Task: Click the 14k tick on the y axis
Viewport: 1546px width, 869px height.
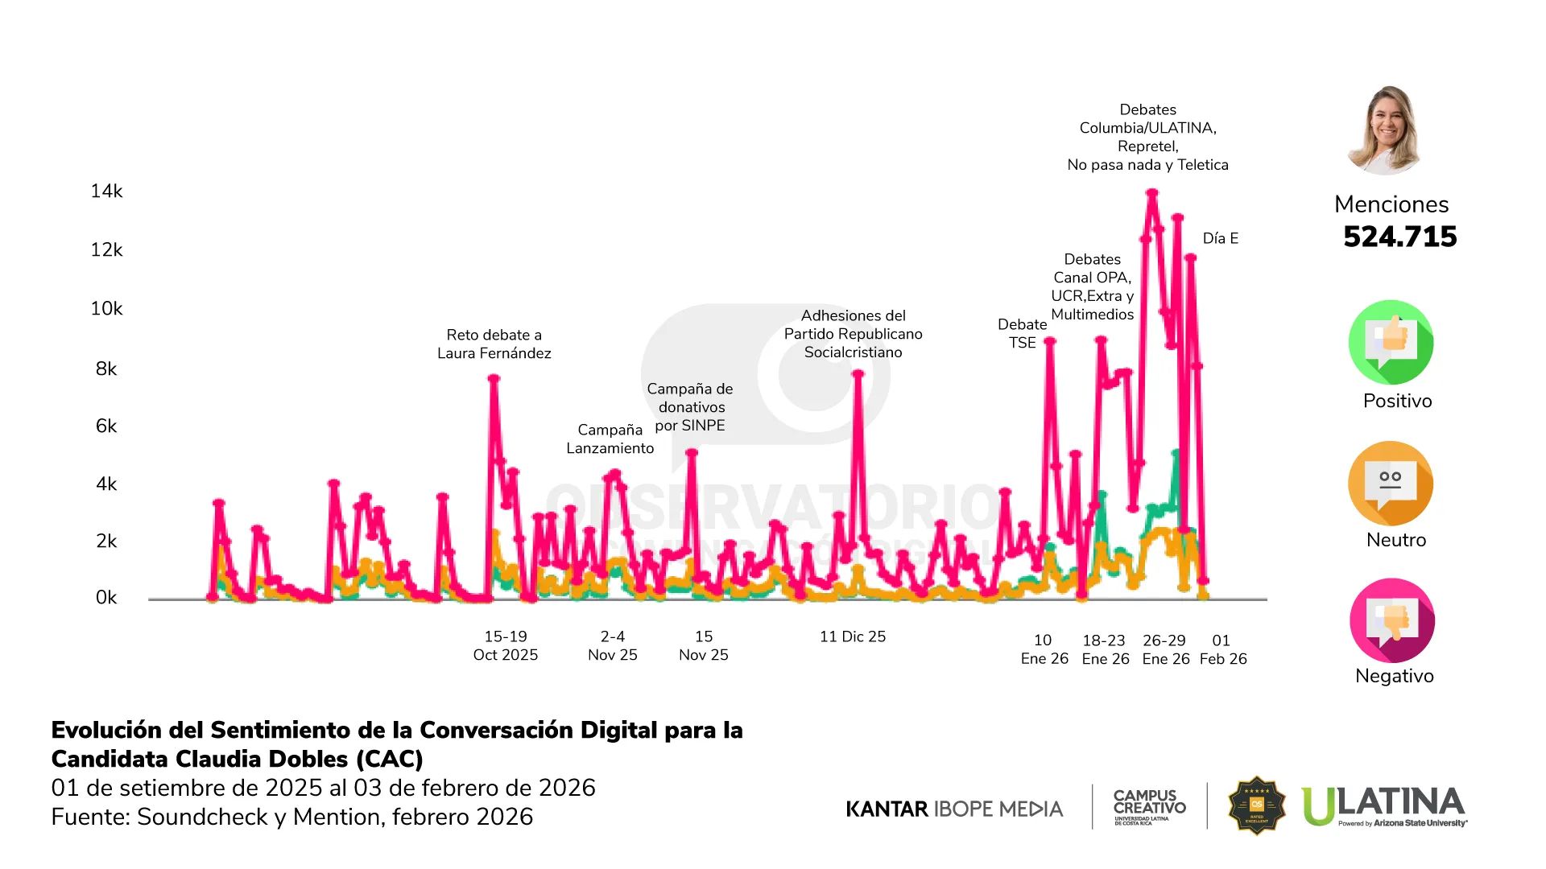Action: (x=106, y=192)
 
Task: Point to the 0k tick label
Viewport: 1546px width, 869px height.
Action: (x=106, y=598)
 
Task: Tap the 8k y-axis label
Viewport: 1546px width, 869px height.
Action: (x=106, y=369)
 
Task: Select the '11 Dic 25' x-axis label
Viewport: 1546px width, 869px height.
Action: (x=853, y=637)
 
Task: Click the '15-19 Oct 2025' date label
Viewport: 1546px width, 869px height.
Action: (x=506, y=646)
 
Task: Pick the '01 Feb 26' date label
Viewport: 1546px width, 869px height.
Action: (x=1222, y=650)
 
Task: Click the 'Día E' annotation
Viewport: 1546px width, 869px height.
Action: (x=1220, y=239)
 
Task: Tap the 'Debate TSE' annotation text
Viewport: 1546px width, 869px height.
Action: (x=1022, y=334)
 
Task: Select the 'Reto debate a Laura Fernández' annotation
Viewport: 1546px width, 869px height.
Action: (x=494, y=344)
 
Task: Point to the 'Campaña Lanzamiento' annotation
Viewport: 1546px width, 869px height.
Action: (x=610, y=439)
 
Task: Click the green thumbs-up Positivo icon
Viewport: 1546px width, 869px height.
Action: (x=1391, y=342)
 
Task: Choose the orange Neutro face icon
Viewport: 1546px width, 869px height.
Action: (x=1391, y=484)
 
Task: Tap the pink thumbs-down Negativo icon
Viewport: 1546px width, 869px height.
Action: (x=1392, y=620)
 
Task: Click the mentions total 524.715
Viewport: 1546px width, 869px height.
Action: (x=1399, y=237)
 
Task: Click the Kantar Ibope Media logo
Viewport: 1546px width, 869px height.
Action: (x=954, y=809)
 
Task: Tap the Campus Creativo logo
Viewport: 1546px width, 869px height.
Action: (x=1149, y=806)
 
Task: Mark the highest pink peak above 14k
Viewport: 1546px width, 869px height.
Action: (x=1152, y=193)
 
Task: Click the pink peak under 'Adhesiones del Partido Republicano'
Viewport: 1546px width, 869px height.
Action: (x=858, y=374)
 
